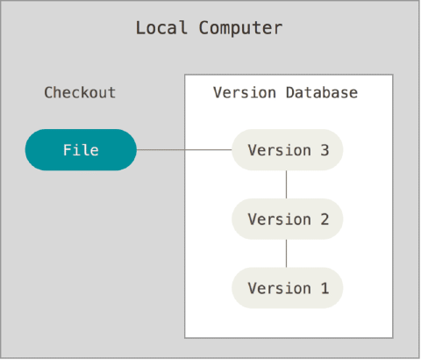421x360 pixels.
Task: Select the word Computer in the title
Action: [x=239, y=28]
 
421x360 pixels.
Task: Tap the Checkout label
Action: [x=80, y=92]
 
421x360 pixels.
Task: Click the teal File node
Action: [x=81, y=149]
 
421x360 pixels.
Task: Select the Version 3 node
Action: [x=287, y=149]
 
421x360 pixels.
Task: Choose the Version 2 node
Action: [x=287, y=219]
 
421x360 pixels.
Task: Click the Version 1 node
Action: [x=287, y=288]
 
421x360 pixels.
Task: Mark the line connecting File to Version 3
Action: [x=184, y=149]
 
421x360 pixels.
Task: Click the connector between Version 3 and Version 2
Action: [x=287, y=184]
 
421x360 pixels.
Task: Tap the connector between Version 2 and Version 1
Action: [x=287, y=254]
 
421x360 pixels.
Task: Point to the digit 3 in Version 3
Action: [x=325, y=149]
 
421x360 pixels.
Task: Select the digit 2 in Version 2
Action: [x=325, y=219]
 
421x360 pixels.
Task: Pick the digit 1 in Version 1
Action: [x=325, y=288]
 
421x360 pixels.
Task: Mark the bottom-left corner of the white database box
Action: [x=186, y=335]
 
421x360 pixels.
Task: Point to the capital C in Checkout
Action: [x=49, y=92]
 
